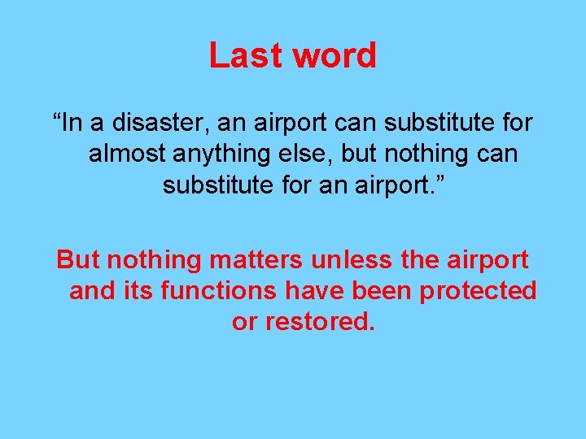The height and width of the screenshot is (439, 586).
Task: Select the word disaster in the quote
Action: (x=155, y=124)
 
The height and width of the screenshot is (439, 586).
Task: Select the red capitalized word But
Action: (x=78, y=260)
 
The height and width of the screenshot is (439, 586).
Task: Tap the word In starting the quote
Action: (x=72, y=124)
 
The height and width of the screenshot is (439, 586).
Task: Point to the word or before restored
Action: (x=243, y=321)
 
